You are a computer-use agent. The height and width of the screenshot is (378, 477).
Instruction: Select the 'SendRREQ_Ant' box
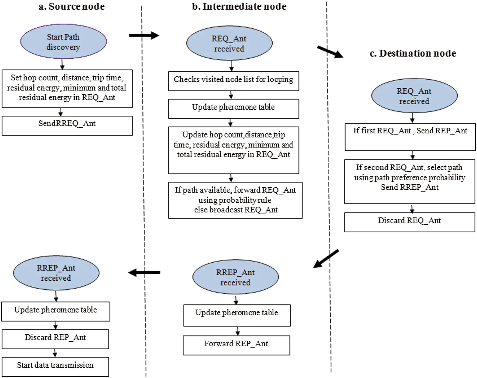pyautogui.click(x=67, y=125)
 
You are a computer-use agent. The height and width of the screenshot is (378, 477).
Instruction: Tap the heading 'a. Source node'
pyautogui.click(x=72, y=7)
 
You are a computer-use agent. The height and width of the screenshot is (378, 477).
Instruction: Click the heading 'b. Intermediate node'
pyautogui.click(x=239, y=7)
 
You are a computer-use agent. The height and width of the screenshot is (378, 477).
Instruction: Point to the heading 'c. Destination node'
pyautogui.click(x=413, y=53)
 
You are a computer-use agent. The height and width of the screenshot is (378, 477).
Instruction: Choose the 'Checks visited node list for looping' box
pyautogui.click(x=233, y=81)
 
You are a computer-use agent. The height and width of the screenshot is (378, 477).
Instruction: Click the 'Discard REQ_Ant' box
pyautogui.click(x=409, y=222)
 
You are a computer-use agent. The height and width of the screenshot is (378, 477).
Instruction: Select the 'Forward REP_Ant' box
pyautogui.click(x=236, y=345)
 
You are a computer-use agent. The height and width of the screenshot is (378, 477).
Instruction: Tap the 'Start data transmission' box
pyautogui.click(x=55, y=367)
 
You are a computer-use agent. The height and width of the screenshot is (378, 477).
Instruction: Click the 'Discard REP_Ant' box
pyautogui.click(x=55, y=339)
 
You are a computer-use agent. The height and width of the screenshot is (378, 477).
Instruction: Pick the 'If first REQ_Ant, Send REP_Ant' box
pyautogui.click(x=410, y=137)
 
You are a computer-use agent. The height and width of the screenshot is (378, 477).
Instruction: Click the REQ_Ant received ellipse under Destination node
pyautogui.click(x=414, y=96)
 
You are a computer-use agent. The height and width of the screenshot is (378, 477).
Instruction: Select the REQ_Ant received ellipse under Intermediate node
pyautogui.click(x=229, y=43)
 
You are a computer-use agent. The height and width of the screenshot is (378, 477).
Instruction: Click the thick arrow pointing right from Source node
pyautogui.click(x=144, y=35)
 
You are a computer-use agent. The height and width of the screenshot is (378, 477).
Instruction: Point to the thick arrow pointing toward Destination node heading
pyautogui.click(x=330, y=52)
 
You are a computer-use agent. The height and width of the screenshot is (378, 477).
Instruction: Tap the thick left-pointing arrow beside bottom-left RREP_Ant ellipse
pyautogui.click(x=144, y=272)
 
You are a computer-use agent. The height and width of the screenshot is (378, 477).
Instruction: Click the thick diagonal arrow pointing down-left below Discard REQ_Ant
pyautogui.click(x=326, y=259)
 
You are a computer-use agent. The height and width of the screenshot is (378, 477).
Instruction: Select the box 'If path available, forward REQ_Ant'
pyautogui.click(x=235, y=200)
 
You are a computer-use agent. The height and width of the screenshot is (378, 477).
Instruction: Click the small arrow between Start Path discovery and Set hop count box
pyautogui.click(x=62, y=64)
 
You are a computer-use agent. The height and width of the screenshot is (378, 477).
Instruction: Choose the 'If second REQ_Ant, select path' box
pyautogui.click(x=409, y=181)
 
